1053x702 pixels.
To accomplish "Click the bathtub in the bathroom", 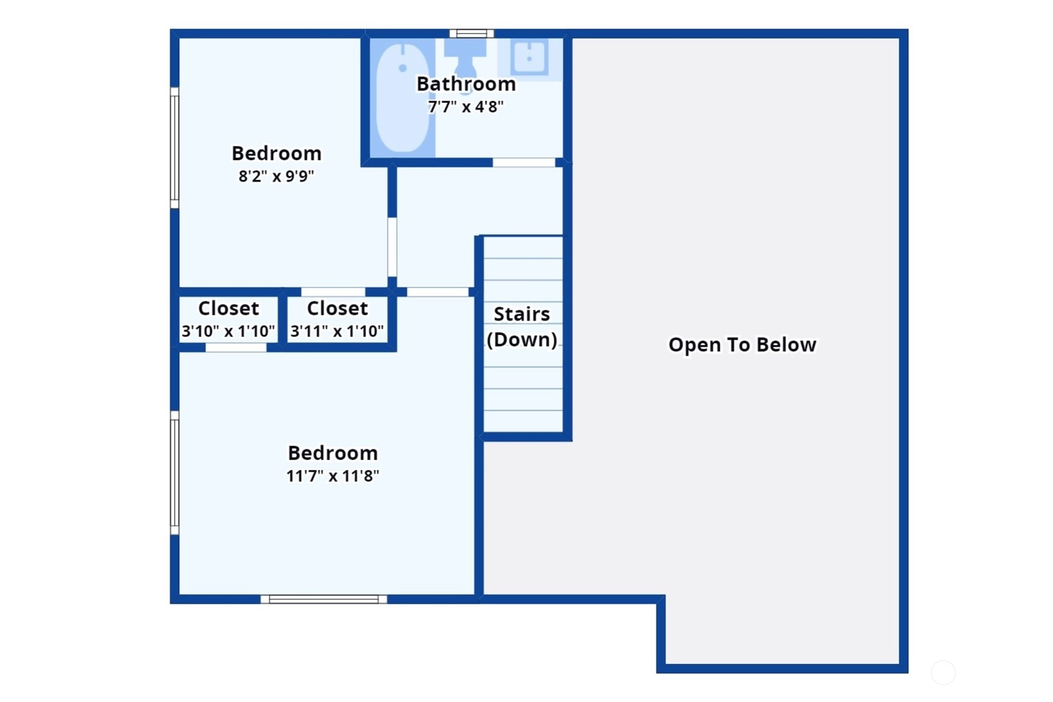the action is point(403,98).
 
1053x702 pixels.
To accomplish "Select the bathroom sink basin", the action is point(529,57).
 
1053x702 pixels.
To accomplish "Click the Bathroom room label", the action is point(466,84).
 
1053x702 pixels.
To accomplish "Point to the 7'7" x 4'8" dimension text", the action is point(465,107).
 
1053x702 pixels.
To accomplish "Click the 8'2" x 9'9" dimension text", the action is point(276,176).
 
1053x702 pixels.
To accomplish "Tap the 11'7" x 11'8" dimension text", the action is point(333,476).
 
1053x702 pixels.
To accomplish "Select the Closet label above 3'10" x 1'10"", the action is point(228,308).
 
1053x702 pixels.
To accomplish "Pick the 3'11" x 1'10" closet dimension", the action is point(336,331).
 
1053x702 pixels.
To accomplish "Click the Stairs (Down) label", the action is point(522,326).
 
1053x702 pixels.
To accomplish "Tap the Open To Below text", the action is point(742,344).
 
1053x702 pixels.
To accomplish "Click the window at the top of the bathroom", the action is point(472,34).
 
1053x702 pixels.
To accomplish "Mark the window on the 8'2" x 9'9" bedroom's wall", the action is point(174,148).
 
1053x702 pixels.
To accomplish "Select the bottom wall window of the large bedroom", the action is point(324,599).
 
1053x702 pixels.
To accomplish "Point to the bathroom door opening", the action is point(524,162).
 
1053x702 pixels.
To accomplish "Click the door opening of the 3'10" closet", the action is point(236,348).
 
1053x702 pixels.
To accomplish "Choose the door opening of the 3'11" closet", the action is point(333,292).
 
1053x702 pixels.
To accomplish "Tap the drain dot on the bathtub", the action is point(402,68).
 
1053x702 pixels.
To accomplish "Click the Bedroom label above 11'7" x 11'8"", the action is point(333,453).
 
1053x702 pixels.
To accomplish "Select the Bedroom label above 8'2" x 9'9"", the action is point(276,153).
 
